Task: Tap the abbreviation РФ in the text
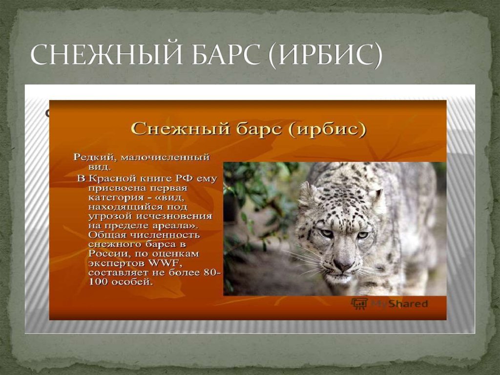179,178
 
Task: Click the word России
105,254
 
